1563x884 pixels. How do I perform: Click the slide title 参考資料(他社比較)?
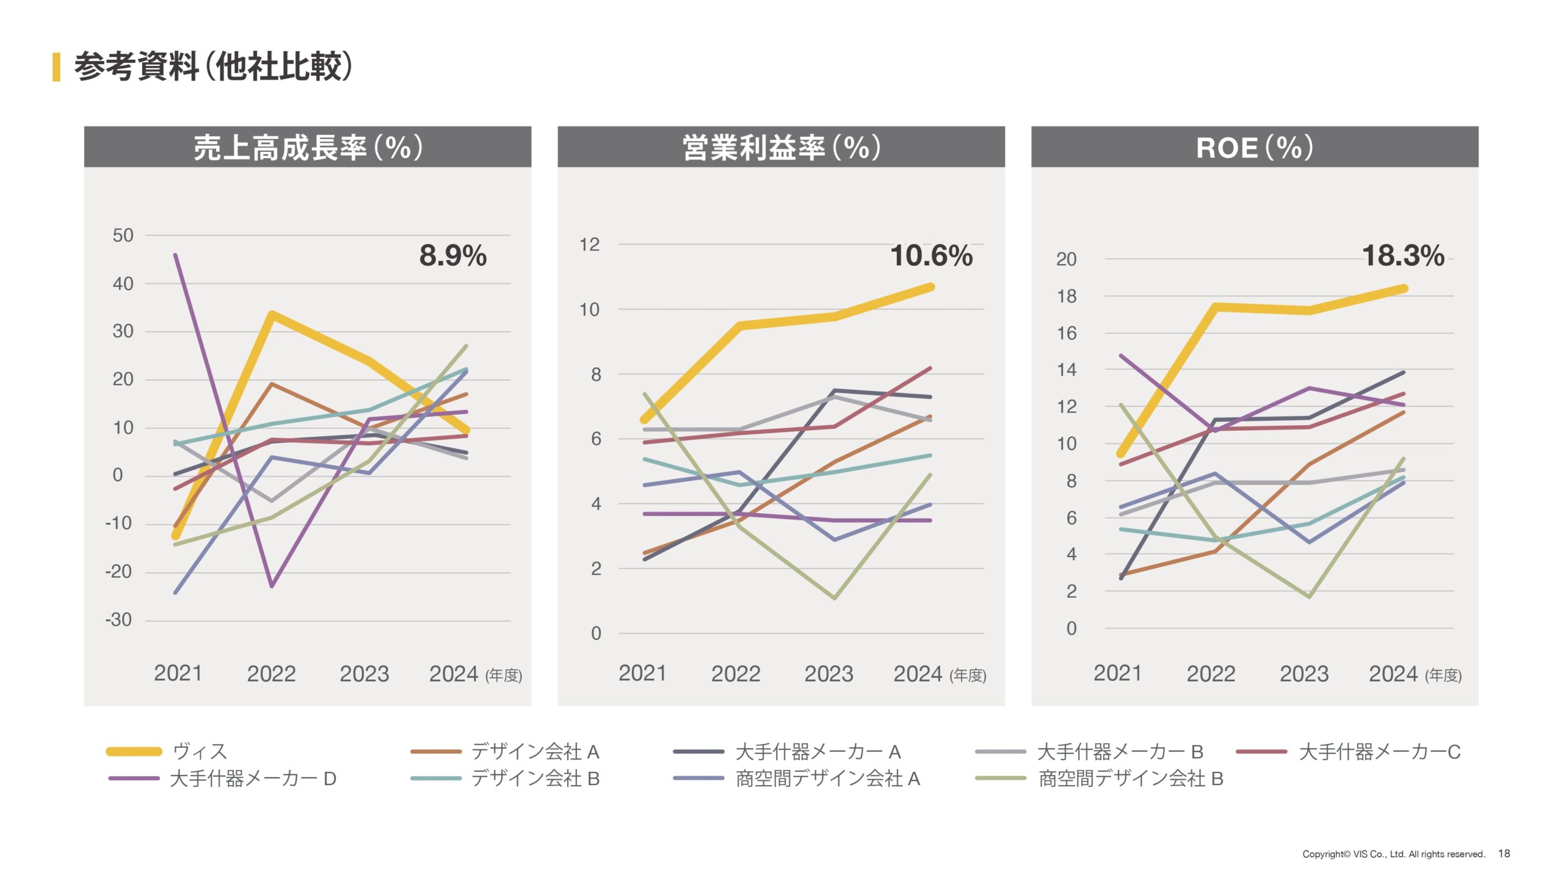213,66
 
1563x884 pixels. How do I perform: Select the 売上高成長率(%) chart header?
308,147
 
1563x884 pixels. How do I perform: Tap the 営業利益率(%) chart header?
781,147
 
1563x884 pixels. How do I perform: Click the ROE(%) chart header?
1254,147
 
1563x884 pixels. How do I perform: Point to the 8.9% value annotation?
452,255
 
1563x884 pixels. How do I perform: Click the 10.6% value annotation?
931,255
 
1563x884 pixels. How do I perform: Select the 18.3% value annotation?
1402,255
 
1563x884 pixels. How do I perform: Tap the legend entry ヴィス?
200,751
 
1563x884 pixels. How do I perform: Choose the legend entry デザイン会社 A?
535,751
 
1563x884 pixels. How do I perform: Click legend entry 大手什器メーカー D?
253,778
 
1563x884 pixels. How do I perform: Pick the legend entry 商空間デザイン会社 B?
1131,778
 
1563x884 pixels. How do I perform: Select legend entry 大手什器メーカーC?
1379,751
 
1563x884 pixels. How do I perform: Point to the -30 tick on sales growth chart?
118,620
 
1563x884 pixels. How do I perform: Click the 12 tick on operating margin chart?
589,245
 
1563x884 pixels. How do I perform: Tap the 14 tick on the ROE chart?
1067,369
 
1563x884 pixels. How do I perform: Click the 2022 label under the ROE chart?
1210,674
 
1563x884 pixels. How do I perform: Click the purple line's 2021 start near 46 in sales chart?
176,255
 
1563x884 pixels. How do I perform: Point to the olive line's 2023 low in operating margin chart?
835,598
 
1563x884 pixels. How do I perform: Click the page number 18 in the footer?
1504,853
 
